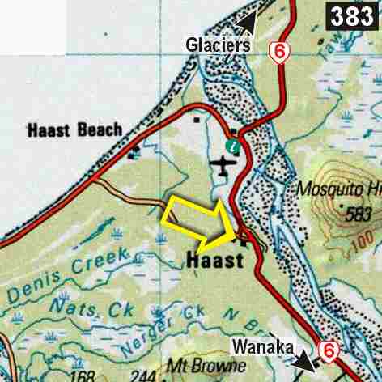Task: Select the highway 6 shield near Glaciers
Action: (279, 53)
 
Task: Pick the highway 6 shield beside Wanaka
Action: (329, 350)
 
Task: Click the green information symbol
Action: (234, 146)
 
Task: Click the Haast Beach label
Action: (75, 129)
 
